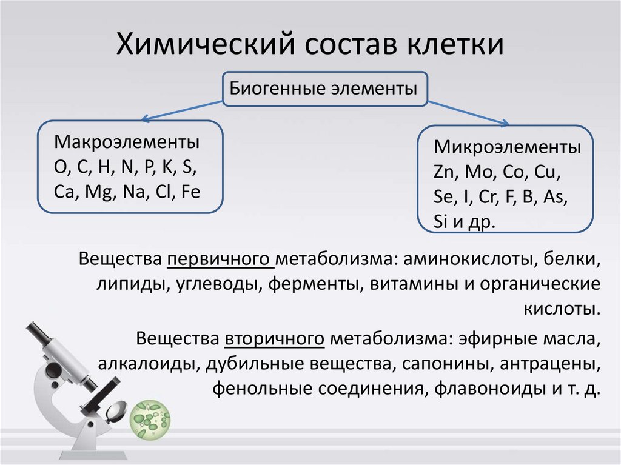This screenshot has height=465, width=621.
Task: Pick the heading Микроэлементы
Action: tap(507, 148)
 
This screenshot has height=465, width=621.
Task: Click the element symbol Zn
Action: tap(446, 172)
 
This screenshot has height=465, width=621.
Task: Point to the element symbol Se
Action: tap(443, 197)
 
